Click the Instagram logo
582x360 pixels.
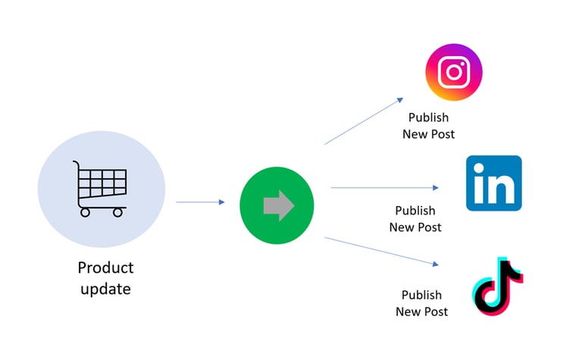pos(453,73)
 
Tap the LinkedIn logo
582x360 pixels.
pos(493,183)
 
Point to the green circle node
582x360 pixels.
pos(277,205)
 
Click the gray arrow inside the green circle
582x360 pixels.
pos(278,205)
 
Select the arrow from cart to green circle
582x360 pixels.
pos(200,202)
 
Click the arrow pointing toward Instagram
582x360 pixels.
pos(364,121)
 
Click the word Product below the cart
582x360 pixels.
pos(105,268)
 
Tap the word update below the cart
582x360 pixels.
pos(105,289)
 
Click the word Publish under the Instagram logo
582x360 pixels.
pos(428,117)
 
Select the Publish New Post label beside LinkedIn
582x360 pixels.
pos(415,218)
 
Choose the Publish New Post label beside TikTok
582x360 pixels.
pos(421,303)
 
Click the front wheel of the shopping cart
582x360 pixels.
pos(117,213)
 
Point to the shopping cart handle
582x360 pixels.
pos(76,164)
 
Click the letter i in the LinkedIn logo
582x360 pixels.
pos(478,186)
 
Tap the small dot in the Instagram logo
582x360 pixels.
pos(465,62)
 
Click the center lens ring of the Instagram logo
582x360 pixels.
pos(453,73)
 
